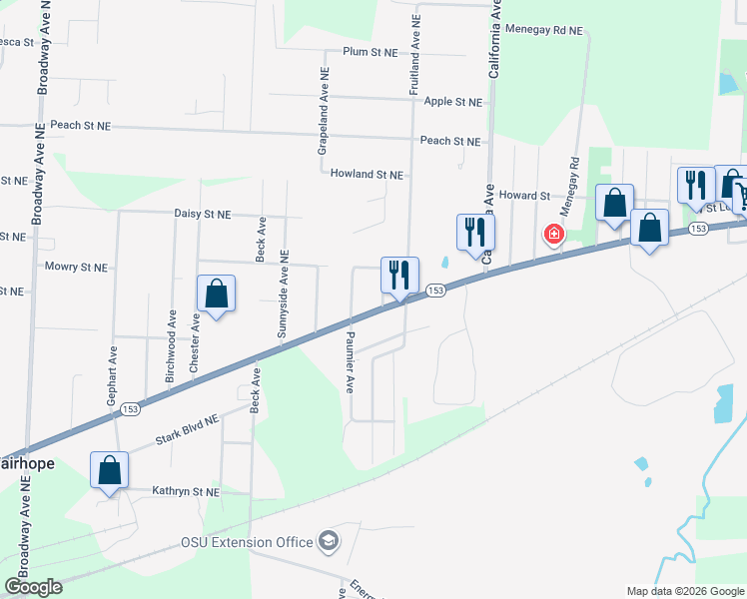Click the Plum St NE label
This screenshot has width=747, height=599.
pos(371,51)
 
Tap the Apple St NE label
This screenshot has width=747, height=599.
pos(453,102)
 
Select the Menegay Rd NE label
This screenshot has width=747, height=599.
pos(543,31)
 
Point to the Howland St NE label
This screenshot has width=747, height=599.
pos(367,174)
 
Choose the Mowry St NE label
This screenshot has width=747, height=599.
pos(76,267)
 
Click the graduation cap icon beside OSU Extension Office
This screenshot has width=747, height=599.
pos(328,543)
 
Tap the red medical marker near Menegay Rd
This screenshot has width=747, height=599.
pos(552,235)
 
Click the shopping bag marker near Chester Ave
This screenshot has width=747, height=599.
pos(216,295)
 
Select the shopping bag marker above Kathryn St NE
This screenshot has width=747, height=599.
pos(110,470)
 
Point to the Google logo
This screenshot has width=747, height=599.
pos(33,587)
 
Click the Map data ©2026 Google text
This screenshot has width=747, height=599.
pos(685,591)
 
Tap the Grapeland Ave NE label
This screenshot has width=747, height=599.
pos(324,110)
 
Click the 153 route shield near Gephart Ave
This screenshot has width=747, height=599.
pos(130,408)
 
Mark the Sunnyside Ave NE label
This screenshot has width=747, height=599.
pos(284,294)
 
